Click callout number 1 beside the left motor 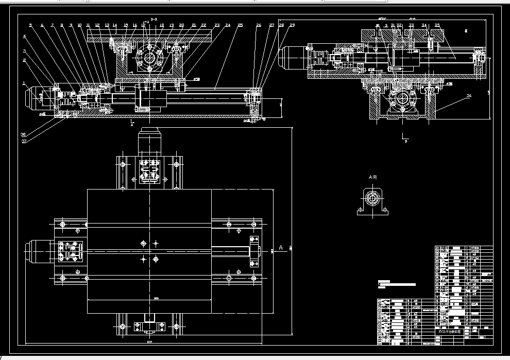[23, 82]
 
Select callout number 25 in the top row [240, 25]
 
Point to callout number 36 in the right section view [468, 95]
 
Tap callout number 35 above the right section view [437, 25]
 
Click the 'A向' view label [372, 177]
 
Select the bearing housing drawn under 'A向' [372, 202]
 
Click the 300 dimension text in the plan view [149, 299]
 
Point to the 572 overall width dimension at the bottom [149, 341]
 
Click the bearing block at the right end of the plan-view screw [254, 251]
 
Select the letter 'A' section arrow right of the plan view [281, 248]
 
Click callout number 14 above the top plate [114, 25]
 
